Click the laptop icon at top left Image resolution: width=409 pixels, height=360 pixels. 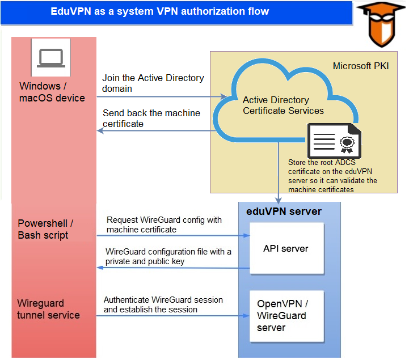point(50,58)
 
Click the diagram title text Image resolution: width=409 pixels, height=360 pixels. point(160,11)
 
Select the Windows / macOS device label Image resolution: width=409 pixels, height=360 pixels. point(52,92)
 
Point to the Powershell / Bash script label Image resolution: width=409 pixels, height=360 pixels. point(45,229)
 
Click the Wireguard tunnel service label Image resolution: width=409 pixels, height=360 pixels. point(48,309)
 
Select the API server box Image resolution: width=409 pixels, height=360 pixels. point(286,248)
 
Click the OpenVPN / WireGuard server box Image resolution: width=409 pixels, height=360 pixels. point(286,316)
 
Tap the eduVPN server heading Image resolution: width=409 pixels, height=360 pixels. point(284,211)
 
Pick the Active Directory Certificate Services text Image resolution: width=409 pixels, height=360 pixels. point(282,105)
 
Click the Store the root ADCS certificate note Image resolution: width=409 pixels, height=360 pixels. point(332,176)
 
